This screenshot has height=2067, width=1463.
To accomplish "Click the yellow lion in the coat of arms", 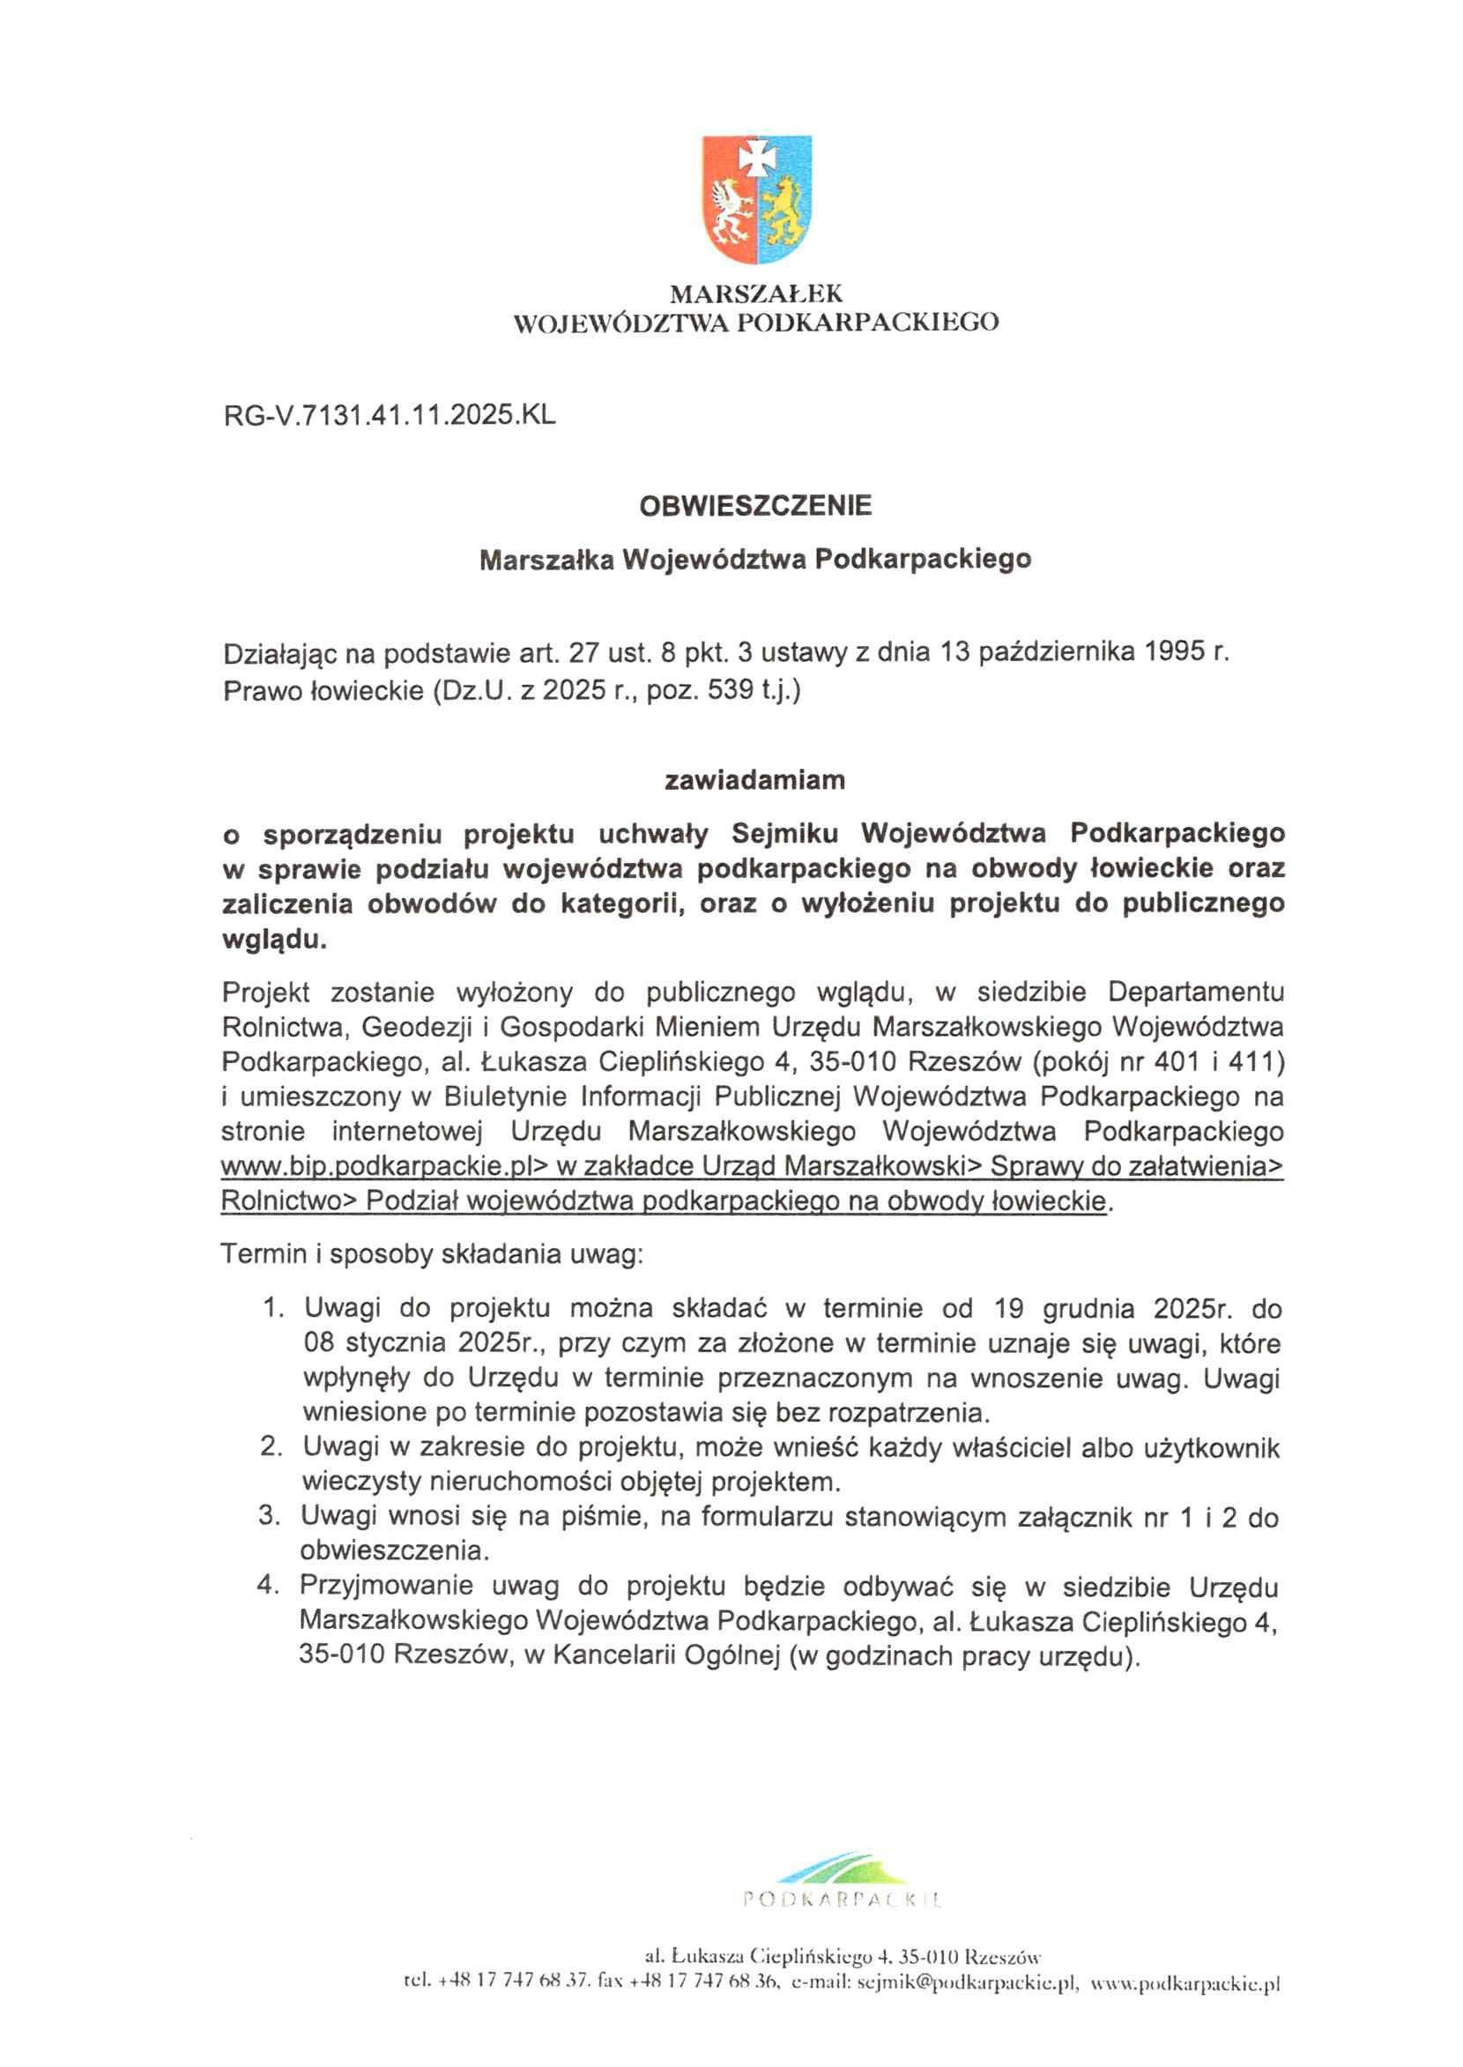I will pyautogui.click(x=784, y=211).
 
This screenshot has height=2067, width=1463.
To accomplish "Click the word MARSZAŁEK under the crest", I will pyautogui.click(x=756, y=294).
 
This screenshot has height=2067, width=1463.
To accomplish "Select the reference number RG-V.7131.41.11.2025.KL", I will pyautogui.click(x=390, y=415).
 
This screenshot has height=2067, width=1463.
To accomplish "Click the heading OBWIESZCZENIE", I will pyautogui.click(x=755, y=505).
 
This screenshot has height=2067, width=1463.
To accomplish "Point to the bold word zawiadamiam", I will pyautogui.click(x=755, y=779).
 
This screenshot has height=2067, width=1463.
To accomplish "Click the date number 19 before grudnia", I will pyautogui.click(x=1010, y=1308).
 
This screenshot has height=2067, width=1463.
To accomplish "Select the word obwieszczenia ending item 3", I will pyautogui.click(x=394, y=1550).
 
